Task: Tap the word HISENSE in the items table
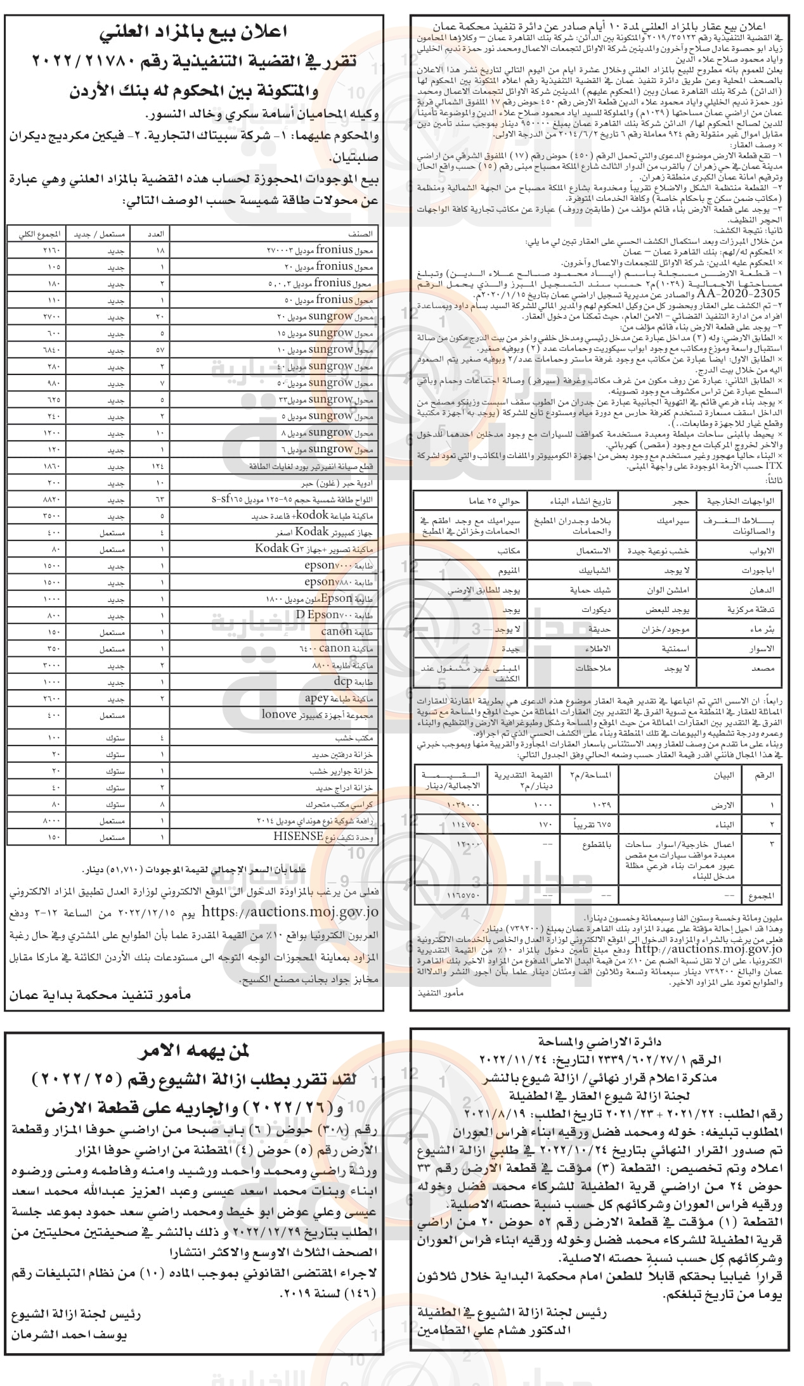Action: [x=299, y=836]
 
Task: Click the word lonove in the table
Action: [x=279, y=715]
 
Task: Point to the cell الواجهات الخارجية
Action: [x=736, y=500]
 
